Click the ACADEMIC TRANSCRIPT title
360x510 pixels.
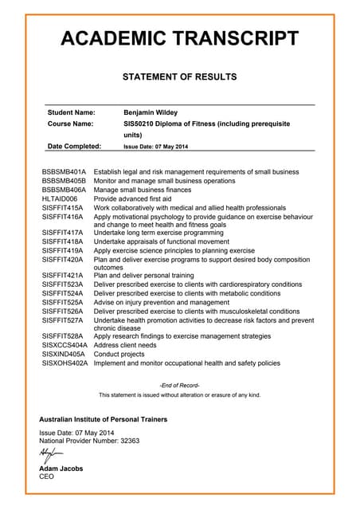pos(179,38)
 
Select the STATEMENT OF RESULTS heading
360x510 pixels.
pos(179,77)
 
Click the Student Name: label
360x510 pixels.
pos(72,112)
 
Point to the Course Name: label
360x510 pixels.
pos(71,124)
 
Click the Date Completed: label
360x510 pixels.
pos(74,147)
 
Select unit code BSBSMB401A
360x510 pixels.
pos(64,172)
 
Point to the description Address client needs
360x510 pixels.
pos(125,345)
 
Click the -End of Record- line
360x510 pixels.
pos(179,385)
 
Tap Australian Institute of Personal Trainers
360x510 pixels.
pos(104,419)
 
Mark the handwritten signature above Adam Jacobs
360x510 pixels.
pos(49,454)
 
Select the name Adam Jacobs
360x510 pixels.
pos(61,469)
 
